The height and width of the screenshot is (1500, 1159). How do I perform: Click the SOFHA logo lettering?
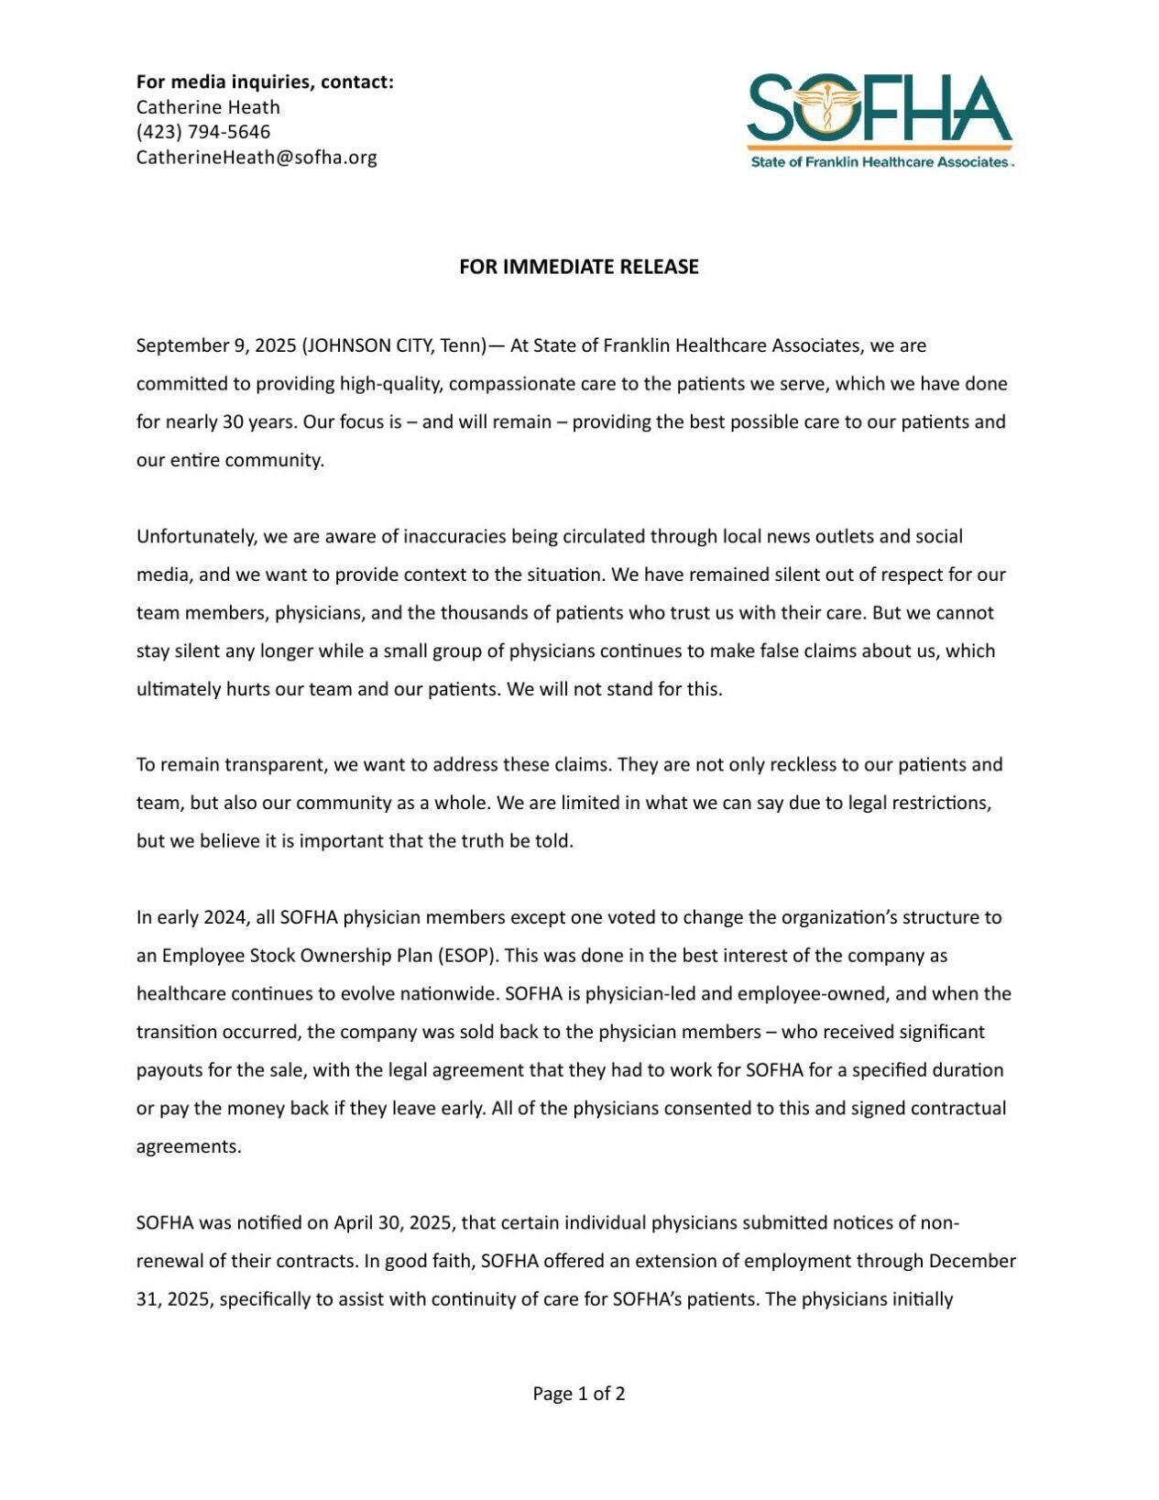click(880, 108)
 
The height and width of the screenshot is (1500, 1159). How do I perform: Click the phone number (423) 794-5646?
click(203, 132)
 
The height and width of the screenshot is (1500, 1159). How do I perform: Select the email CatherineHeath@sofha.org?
click(257, 157)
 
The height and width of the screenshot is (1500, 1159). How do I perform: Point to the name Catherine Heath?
click(208, 107)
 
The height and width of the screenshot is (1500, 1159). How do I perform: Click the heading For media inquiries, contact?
click(265, 82)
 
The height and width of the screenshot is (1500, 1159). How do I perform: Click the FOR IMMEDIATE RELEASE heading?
click(578, 267)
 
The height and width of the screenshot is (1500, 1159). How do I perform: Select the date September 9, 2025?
click(215, 345)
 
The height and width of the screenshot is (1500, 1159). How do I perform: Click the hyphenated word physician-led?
click(640, 994)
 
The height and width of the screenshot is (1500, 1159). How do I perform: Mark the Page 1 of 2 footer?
click(579, 1394)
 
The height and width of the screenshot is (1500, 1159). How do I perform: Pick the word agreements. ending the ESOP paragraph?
click(189, 1147)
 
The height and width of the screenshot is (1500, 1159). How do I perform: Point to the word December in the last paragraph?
click(972, 1261)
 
